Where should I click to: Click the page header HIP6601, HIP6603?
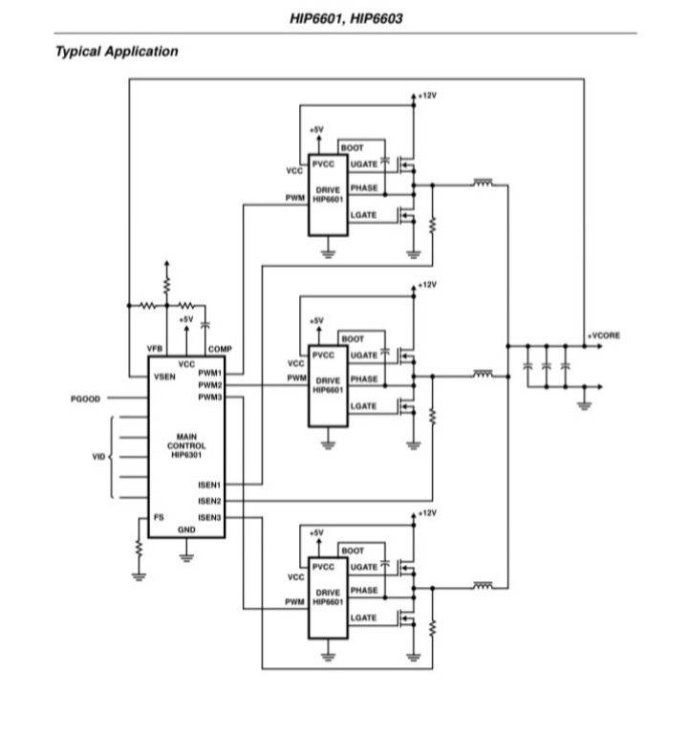pos(345,18)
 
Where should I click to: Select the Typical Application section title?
pos(117,52)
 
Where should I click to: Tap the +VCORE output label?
pos(604,336)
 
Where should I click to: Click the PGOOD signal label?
pos(86,398)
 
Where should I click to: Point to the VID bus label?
pos(98,457)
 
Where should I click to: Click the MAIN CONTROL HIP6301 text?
pos(185,445)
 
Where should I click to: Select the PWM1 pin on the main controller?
pos(210,373)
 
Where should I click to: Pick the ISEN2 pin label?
pos(210,501)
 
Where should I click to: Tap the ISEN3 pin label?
pos(210,517)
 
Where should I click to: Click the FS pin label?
pos(159,517)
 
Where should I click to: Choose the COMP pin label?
pos(220,349)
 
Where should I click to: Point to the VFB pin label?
pos(156,349)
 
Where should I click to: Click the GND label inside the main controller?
pos(186,530)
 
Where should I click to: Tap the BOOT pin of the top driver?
pos(353,148)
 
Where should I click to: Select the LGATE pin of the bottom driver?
pos(363,618)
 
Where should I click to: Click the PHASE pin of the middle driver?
pos(364,379)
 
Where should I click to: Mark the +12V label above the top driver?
pos(425,97)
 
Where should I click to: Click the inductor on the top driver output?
pos(484,183)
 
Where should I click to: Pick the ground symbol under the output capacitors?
pos(585,404)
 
